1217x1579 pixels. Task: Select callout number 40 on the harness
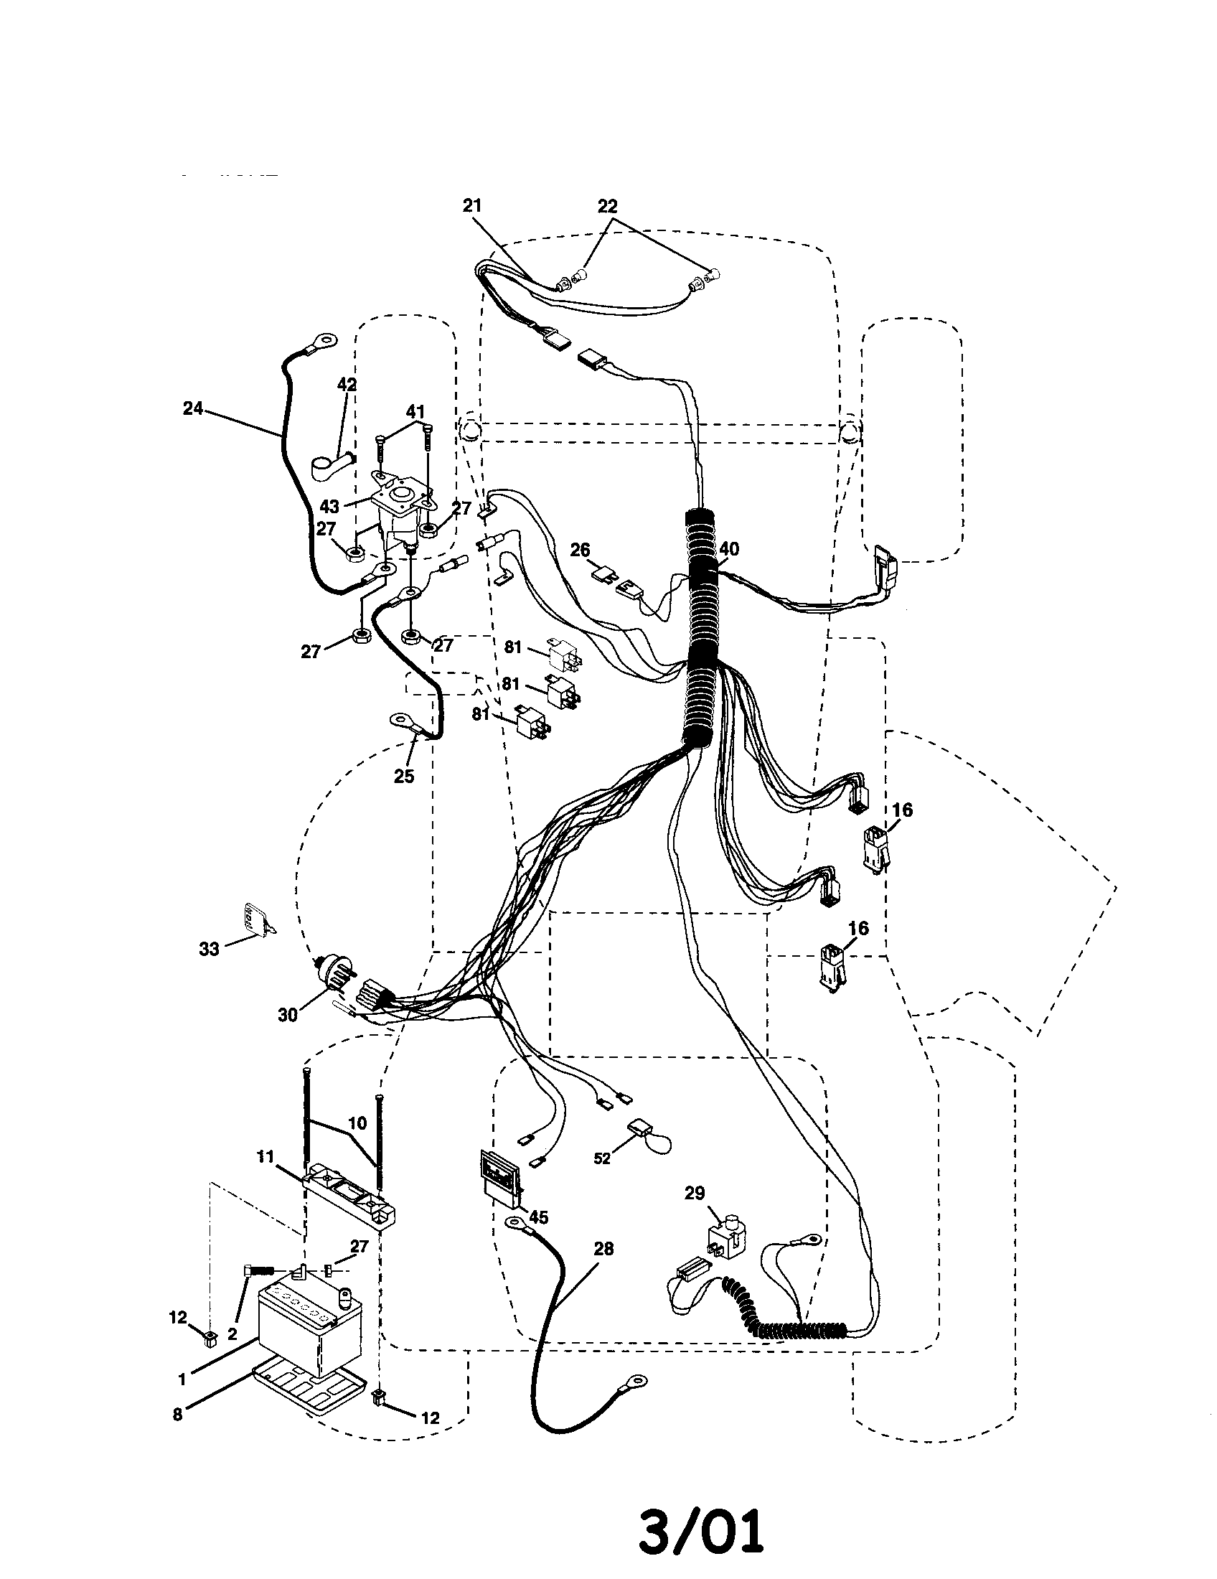729,550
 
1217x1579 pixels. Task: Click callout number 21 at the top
471,206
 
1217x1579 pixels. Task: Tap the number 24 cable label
193,408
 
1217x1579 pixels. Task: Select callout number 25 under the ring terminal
404,776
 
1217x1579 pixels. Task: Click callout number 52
602,1158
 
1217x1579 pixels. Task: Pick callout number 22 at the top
607,206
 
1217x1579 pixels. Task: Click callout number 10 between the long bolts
357,1123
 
